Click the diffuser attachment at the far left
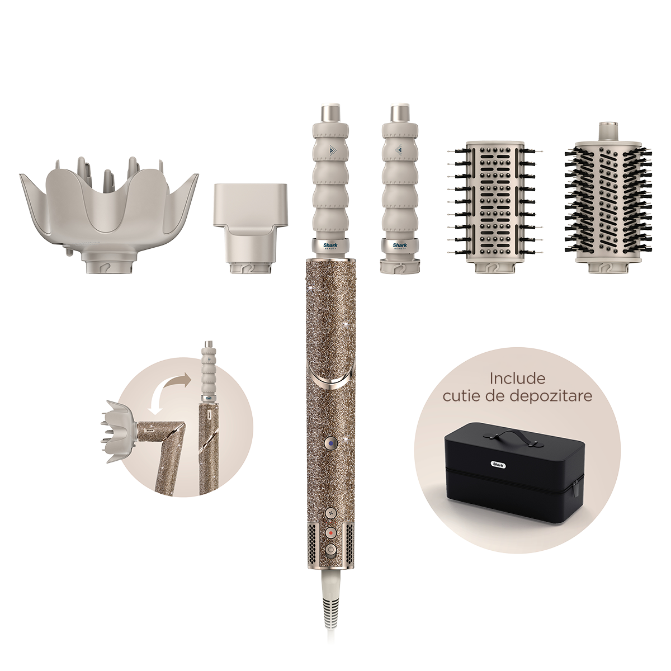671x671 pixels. pos(108,216)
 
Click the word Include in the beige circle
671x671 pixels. pos(517,379)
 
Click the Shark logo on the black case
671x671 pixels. pos(499,464)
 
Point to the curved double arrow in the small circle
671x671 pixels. pos(164,390)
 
